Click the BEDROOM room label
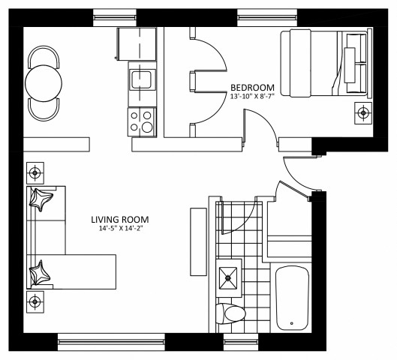coord(252,85)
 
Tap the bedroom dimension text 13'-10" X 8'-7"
coord(252,96)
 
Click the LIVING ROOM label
coord(120,220)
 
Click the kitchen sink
coord(141,79)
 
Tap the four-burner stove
coord(141,121)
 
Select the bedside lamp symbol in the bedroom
coord(363,113)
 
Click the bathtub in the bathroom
coord(293,298)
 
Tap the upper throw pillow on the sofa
coord(41,201)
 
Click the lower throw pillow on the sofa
coord(40,273)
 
